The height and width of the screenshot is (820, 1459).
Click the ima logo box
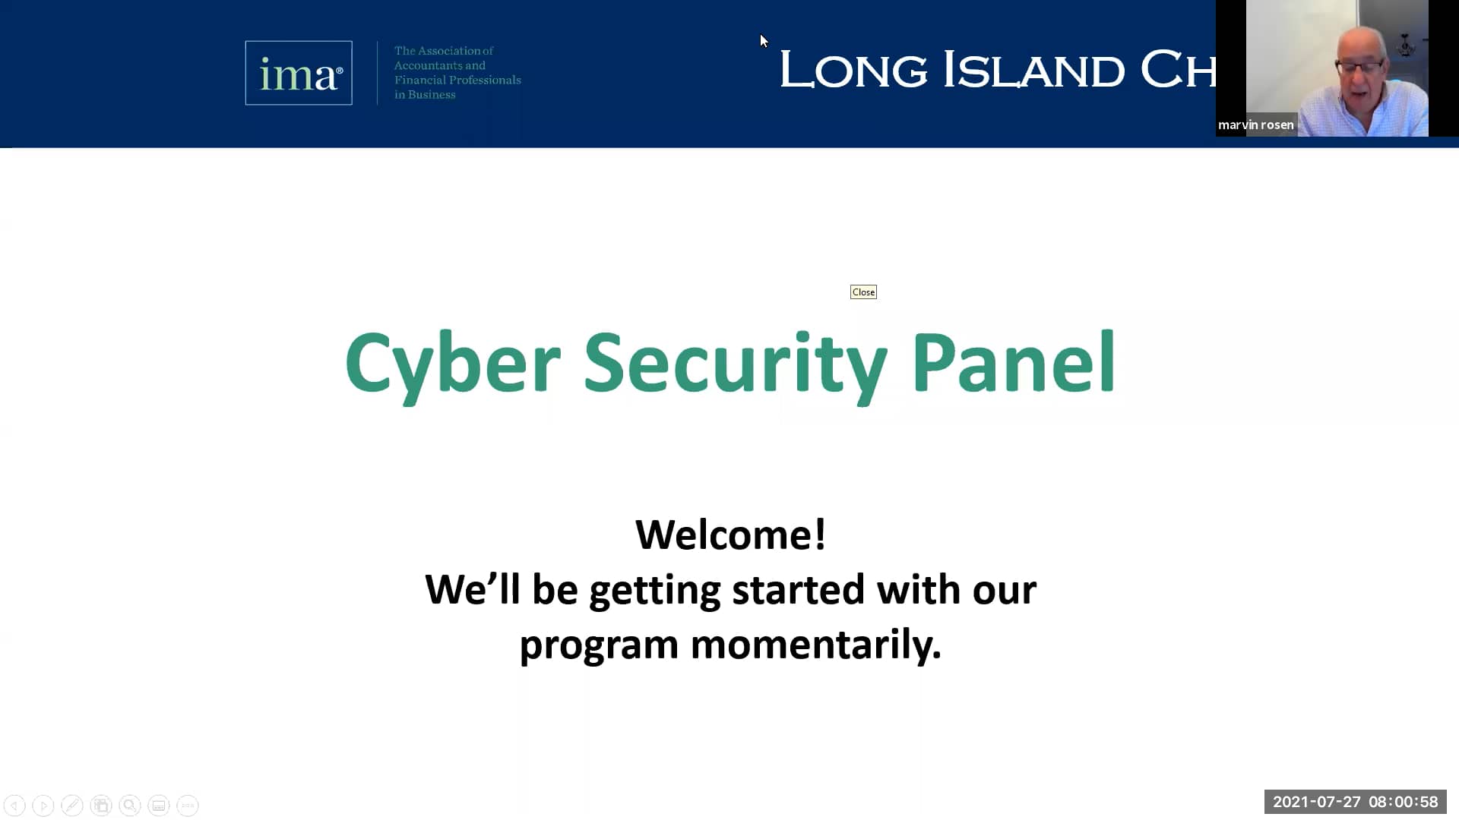tap(298, 73)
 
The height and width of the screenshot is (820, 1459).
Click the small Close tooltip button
tap(863, 292)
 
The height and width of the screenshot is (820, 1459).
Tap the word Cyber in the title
tap(452, 364)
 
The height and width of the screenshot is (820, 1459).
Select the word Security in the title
tap(735, 364)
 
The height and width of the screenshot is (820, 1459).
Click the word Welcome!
tap(730, 535)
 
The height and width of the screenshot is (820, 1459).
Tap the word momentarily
tap(815, 645)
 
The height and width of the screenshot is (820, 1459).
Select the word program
tap(598, 645)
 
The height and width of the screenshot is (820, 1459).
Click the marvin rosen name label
tap(1255, 125)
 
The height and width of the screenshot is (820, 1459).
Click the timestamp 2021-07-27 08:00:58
tap(1355, 802)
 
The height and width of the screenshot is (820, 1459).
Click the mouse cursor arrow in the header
tap(764, 41)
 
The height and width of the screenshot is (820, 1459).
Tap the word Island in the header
tap(1033, 70)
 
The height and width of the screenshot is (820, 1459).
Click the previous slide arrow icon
tap(14, 805)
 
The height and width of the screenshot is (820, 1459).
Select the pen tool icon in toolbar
tap(72, 805)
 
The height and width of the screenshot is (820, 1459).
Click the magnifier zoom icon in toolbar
tap(130, 805)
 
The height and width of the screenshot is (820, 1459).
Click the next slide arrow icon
tap(43, 805)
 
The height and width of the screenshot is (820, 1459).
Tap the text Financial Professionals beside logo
tap(457, 80)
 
